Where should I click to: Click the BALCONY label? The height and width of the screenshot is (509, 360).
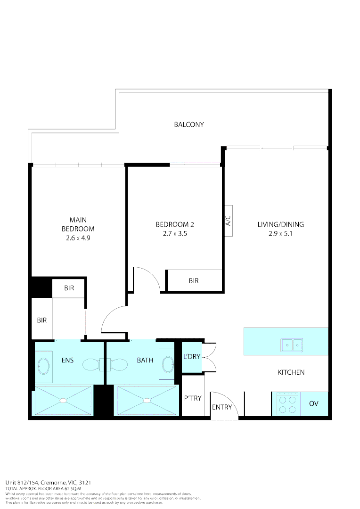pos(189,124)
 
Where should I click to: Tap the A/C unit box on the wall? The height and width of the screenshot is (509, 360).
pos(228,220)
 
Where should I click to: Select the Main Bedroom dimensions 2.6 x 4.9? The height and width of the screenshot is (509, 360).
pos(78,238)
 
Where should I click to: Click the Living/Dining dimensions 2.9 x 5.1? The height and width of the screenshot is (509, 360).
pos(280,233)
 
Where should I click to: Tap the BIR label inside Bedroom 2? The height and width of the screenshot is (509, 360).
pos(194,280)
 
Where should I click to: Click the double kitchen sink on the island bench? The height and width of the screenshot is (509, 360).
pos(292,345)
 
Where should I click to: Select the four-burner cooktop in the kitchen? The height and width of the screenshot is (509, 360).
pos(286,404)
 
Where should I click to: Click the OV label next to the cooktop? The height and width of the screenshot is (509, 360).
pos(314,404)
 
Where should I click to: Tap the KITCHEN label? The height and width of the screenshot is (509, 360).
pos(291,372)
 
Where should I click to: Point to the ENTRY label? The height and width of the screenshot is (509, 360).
pos(222,407)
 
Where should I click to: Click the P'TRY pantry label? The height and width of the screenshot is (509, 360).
pos(193,398)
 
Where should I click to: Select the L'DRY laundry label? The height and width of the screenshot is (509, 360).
pos(192,356)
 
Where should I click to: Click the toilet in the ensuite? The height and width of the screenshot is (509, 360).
pos(92,364)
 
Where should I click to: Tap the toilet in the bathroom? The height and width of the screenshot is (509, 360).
pos(118,364)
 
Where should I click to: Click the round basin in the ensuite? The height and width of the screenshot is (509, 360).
pos(43,365)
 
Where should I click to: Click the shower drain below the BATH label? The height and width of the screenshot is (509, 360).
pos(147,400)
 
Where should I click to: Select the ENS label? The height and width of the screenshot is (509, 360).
pos(67,361)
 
